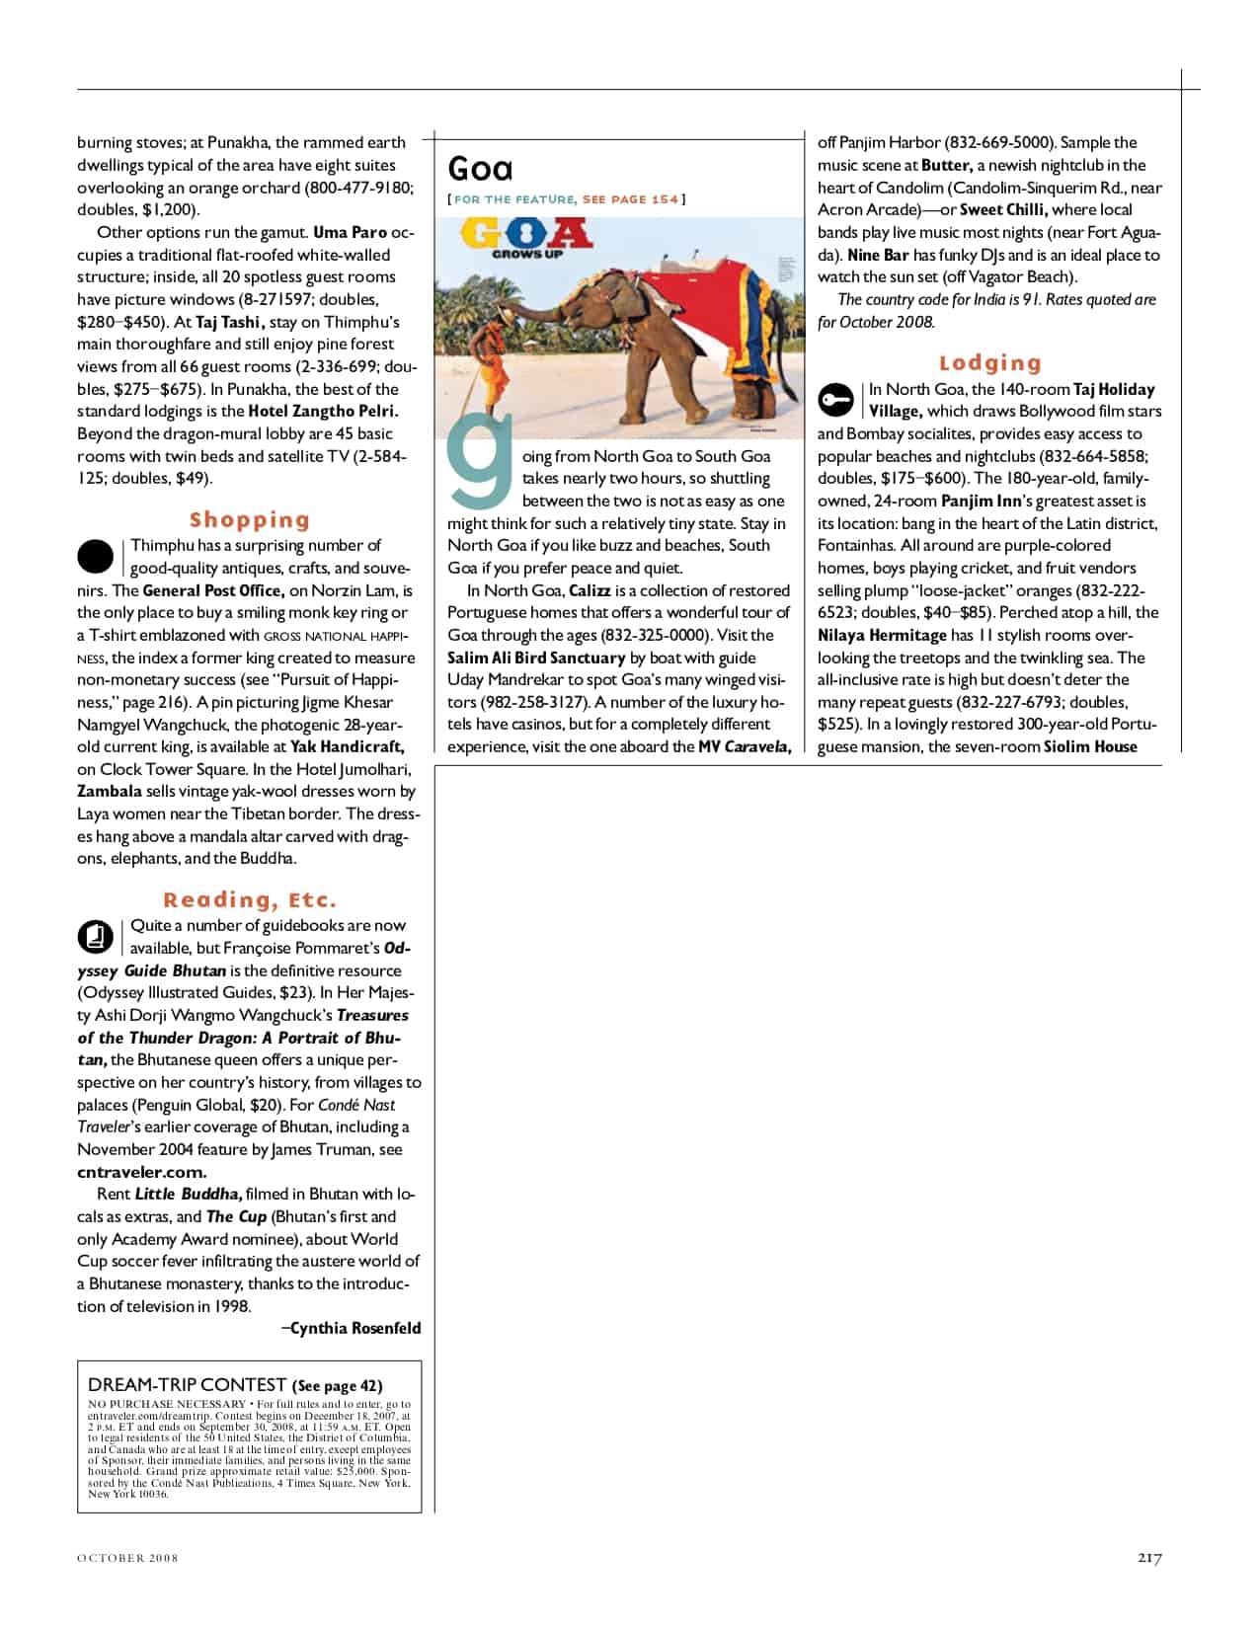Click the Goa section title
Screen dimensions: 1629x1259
[480, 169]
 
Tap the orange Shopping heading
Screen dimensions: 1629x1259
[250, 520]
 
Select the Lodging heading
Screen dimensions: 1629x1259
[990, 363]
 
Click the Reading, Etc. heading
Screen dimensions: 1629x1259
[250, 900]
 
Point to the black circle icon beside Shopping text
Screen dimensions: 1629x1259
[96, 557]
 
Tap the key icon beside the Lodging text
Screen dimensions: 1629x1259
[835, 400]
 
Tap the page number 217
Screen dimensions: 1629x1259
[1149, 1558]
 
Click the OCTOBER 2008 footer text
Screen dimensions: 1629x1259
[127, 1558]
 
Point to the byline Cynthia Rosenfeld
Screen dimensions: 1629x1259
[354, 1329]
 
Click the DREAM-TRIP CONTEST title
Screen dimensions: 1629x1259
[189, 1385]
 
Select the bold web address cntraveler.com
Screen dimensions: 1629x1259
[141, 1172]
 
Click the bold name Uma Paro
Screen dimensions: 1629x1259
[350, 233]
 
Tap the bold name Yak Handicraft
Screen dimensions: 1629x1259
[347, 747]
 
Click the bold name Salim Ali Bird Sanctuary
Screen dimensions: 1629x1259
[536, 658]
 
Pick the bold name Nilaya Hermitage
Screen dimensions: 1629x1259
[882, 635]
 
